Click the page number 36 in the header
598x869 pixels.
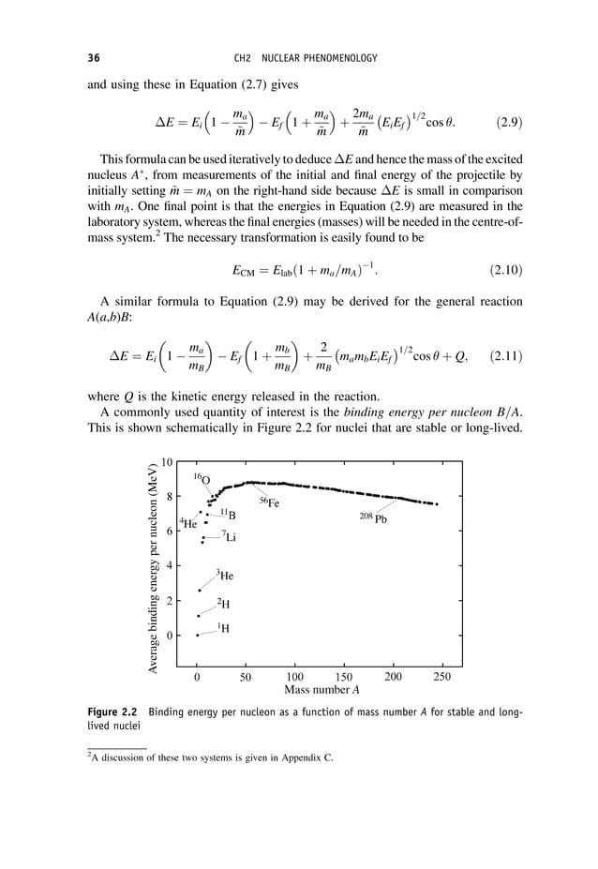94,59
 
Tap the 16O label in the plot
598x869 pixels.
202,479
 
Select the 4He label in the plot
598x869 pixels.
188,524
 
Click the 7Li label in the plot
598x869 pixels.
229,536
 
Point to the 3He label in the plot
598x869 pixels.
225,574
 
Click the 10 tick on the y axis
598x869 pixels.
166,462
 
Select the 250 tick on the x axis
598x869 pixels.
443,676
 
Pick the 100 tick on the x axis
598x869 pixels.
294,676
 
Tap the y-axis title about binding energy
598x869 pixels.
151,567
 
